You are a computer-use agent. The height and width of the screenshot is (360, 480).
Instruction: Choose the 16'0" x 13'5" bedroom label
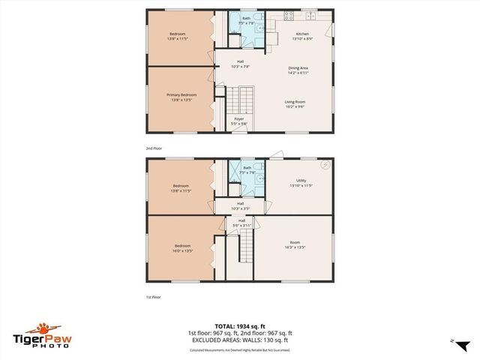pos(183,247)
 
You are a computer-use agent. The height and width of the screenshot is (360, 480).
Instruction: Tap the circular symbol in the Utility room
pos(325,164)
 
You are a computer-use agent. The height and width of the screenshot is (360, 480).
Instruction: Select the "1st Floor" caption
pos(153,297)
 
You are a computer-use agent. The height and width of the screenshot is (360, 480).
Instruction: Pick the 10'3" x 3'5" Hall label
pos(241,205)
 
